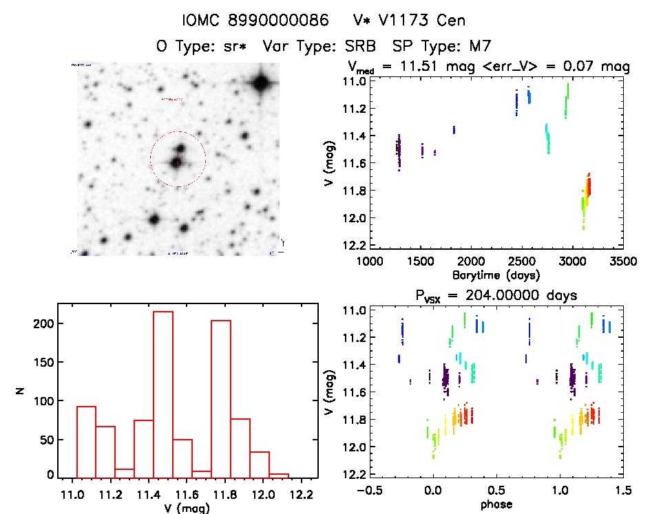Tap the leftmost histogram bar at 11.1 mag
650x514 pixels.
86,441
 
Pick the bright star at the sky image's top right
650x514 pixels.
260,84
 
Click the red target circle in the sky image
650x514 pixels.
178,160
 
